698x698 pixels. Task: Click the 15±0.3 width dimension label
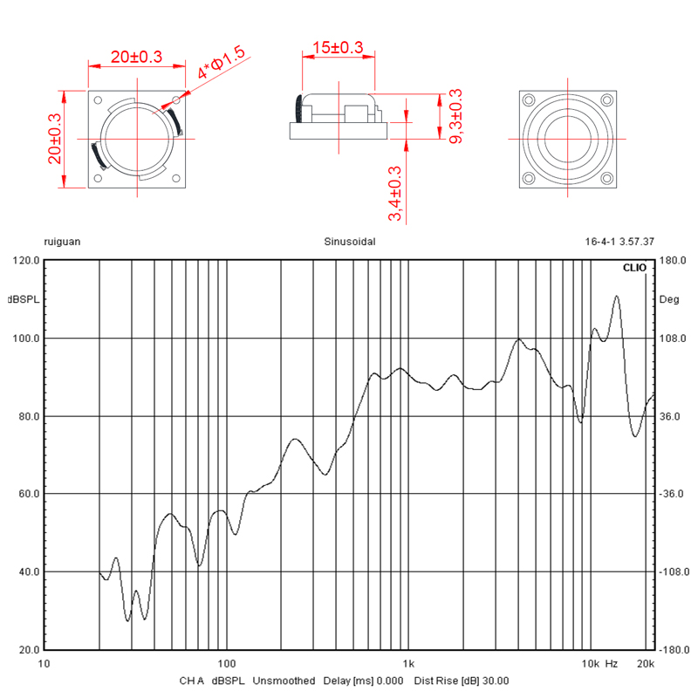[x=338, y=47]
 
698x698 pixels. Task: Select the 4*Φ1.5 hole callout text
[x=222, y=62]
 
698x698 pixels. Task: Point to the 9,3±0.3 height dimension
[x=455, y=116]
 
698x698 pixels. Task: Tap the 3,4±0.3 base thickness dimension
[x=395, y=193]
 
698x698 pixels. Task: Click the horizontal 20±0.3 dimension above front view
[x=136, y=57]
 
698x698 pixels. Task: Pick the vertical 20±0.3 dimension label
[x=54, y=139]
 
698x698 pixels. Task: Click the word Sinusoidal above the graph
[x=350, y=242]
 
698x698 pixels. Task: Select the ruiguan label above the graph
[x=62, y=243]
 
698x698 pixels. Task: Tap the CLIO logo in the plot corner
[x=634, y=268]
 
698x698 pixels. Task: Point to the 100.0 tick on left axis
[x=26, y=339]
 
